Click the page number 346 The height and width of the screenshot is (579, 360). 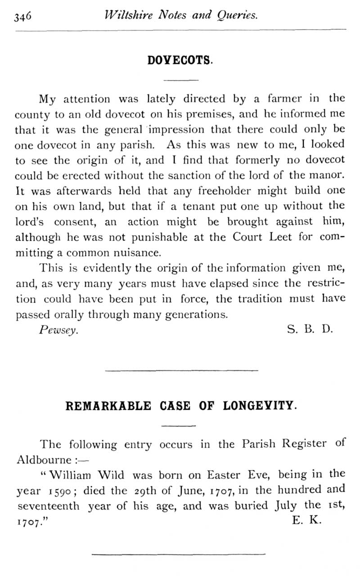[22, 17]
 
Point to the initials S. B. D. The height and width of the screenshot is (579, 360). [309, 329]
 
